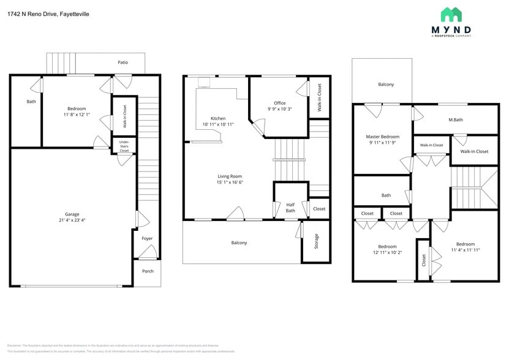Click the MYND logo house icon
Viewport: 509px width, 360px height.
pyautogui.click(x=451, y=15)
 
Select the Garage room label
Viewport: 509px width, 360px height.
pyautogui.click(x=72, y=214)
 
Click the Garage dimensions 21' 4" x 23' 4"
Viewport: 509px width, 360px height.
pyautogui.click(x=72, y=220)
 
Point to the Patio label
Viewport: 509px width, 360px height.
pyautogui.click(x=123, y=62)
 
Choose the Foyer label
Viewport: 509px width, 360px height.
pyautogui.click(x=147, y=238)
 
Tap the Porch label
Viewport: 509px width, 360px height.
pyautogui.click(x=147, y=271)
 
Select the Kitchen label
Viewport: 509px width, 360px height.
pyautogui.click(x=217, y=118)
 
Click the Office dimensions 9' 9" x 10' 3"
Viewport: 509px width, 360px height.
pyautogui.click(x=279, y=109)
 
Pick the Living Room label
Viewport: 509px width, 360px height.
pyautogui.click(x=229, y=176)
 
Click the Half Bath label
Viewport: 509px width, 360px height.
pyautogui.click(x=290, y=208)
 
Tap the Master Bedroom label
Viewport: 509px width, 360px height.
pyautogui.click(x=382, y=137)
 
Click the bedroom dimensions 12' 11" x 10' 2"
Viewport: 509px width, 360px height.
pyautogui.click(x=387, y=252)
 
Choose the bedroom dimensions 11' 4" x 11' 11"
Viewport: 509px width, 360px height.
pyautogui.click(x=466, y=250)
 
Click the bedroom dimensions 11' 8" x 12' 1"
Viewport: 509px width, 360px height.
pyautogui.click(x=77, y=114)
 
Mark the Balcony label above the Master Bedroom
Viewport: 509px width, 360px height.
pyautogui.click(x=385, y=84)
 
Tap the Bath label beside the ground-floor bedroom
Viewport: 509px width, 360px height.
pyautogui.click(x=31, y=102)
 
